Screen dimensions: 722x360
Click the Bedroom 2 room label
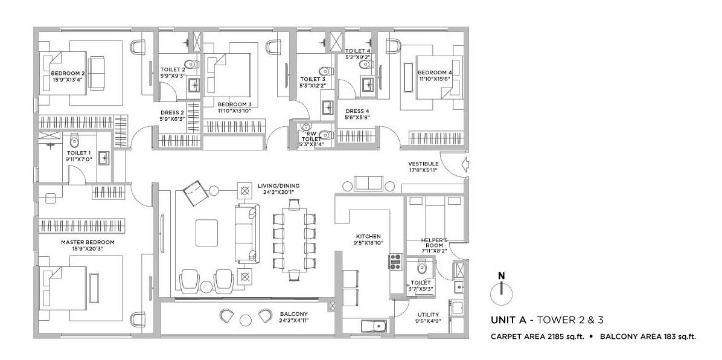[68, 73]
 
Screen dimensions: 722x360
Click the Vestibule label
[423, 164]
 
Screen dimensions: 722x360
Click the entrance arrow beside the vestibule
[465, 163]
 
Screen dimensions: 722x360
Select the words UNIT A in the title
[508, 320]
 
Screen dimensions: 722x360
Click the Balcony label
[294, 314]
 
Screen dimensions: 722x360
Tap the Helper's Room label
[434, 243]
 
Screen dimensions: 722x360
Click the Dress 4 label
[357, 111]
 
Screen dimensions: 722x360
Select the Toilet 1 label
[78, 153]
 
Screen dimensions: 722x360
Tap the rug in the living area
[206, 233]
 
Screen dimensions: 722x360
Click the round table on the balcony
[246, 320]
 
